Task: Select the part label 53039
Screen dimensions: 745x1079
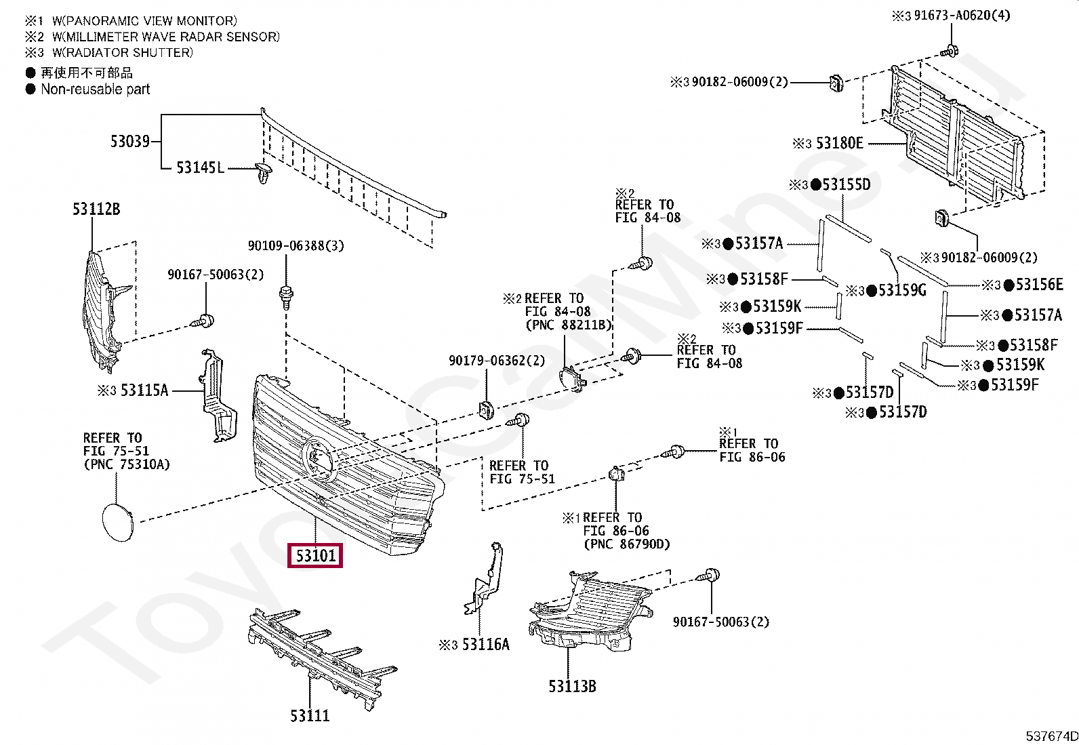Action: (129, 142)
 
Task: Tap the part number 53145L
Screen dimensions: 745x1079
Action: (199, 167)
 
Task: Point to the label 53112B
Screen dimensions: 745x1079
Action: (96, 209)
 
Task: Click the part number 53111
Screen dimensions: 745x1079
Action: (310, 715)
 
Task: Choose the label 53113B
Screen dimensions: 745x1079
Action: (572, 686)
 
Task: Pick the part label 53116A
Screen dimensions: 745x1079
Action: (485, 645)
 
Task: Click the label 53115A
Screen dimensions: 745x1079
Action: (144, 390)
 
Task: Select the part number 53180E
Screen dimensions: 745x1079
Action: (839, 143)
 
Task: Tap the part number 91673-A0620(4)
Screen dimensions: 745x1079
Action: (961, 15)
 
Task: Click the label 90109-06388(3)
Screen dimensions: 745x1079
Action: (296, 245)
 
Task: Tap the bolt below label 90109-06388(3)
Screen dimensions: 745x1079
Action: (286, 296)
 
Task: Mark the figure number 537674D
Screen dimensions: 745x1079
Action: (1051, 737)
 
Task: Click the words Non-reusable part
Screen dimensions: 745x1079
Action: (95, 89)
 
